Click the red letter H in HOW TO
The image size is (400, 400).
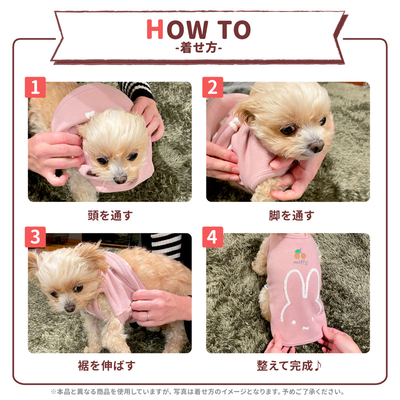pyautogui.click(x=155, y=30)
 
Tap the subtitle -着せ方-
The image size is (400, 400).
pyautogui.click(x=199, y=49)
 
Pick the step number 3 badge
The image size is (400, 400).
pyautogui.click(x=35, y=237)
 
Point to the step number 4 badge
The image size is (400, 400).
pyautogui.click(x=212, y=237)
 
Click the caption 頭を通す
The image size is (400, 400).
pyautogui.click(x=110, y=215)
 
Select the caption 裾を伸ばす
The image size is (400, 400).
pyautogui.click(x=110, y=365)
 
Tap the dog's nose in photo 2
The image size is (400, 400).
pyautogui.click(x=315, y=146)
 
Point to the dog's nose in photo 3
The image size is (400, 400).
pyautogui.click(x=69, y=307)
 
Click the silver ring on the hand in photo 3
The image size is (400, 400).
pyautogui.click(x=147, y=316)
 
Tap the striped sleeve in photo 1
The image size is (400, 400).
pyautogui.click(x=137, y=90)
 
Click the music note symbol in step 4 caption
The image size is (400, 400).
pyautogui.click(x=318, y=365)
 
